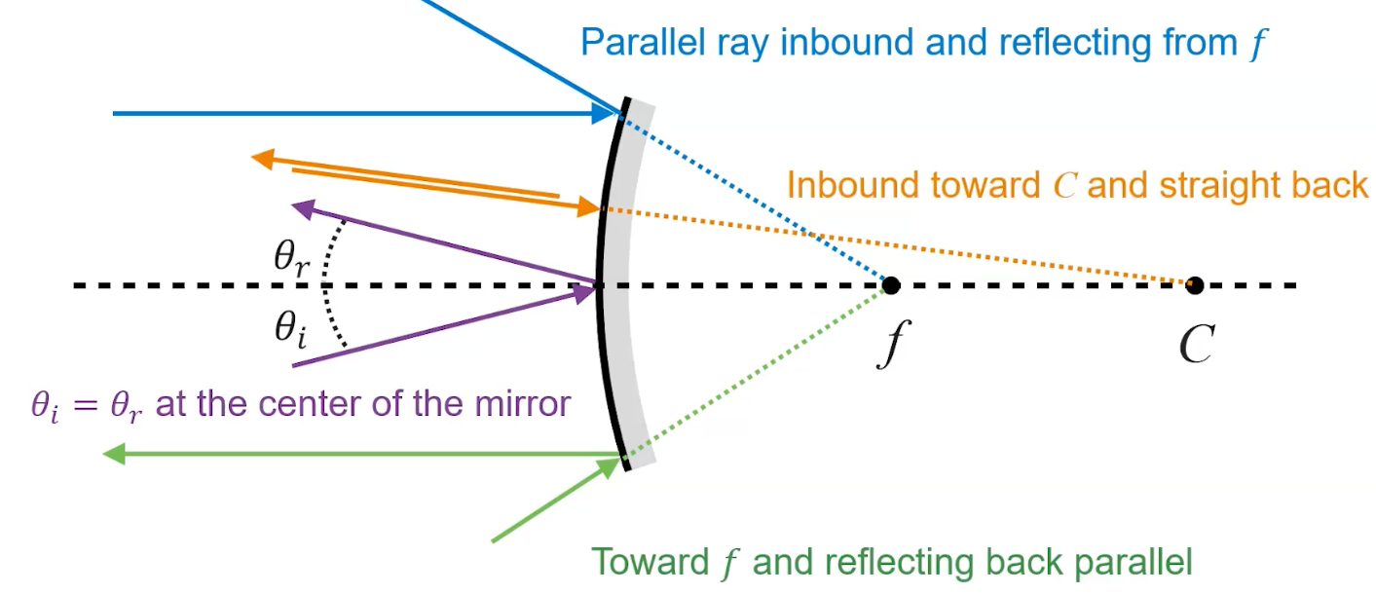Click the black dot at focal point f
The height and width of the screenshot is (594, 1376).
pyautogui.click(x=890, y=285)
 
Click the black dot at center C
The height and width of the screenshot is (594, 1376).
pyautogui.click(x=1195, y=285)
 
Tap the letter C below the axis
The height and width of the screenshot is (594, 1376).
pyautogui.click(x=1196, y=343)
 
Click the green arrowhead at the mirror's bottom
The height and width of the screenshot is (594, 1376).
pyautogui.click(x=610, y=466)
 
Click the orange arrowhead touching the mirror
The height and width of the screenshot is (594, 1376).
pyautogui.click(x=588, y=206)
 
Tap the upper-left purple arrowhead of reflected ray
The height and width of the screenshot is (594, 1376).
pyautogui.click(x=303, y=207)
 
